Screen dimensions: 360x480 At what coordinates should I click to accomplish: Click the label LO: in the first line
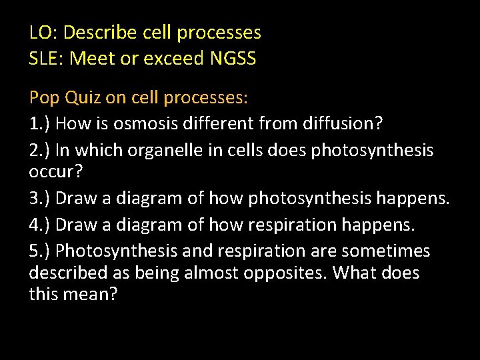[x=43, y=32]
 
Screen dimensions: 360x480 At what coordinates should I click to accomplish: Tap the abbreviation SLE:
[x=46, y=59]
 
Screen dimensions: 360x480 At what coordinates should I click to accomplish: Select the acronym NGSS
[x=233, y=59]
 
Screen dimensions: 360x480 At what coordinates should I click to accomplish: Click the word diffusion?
[x=338, y=124]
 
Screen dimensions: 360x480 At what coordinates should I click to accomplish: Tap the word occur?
[x=56, y=172]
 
